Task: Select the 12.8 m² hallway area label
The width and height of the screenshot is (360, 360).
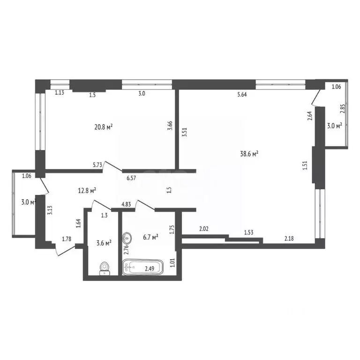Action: [x=87, y=190]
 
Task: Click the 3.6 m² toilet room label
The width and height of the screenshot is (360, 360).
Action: [x=103, y=243]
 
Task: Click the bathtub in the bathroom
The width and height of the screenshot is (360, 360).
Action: [x=143, y=268]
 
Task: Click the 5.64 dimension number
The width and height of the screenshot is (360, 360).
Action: [x=242, y=94]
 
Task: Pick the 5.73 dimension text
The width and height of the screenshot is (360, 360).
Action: [x=98, y=165]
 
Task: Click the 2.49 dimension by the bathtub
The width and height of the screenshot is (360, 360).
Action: [x=150, y=269]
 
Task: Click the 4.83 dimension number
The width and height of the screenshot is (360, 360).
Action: [x=126, y=204]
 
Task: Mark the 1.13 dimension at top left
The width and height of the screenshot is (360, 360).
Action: [x=60, y=93]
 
